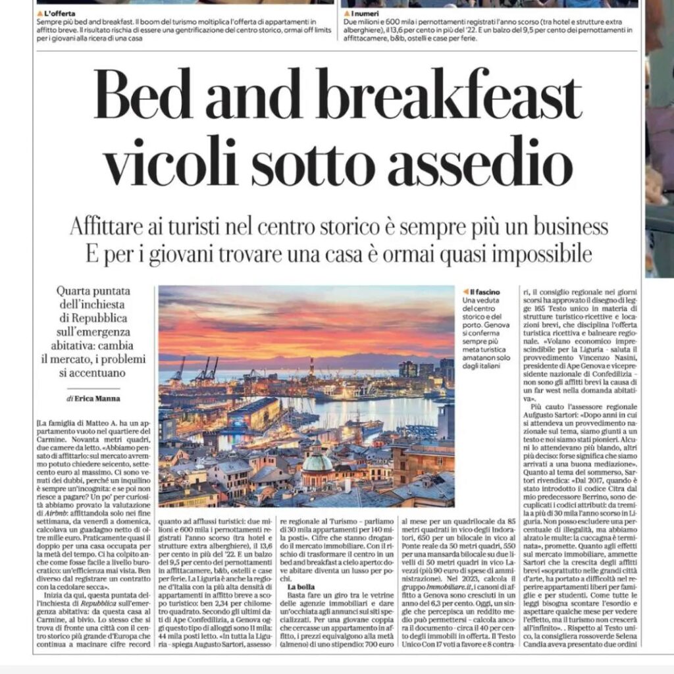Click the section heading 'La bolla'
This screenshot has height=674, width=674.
(301, 586)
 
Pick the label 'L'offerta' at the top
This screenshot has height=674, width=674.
(60, 13)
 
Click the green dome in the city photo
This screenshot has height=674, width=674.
(317, 462)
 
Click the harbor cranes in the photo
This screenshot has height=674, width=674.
(207, 370)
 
